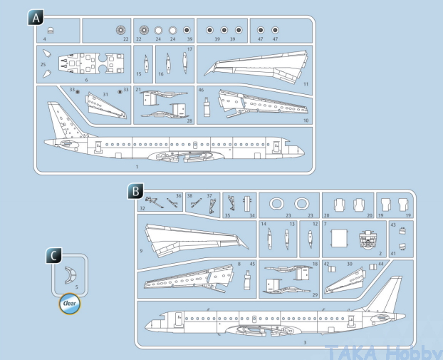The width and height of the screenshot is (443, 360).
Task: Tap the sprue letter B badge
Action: [135, 191]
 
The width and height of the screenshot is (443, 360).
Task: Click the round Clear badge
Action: [69, 303]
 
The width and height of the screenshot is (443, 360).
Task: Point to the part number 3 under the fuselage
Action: [305, 343]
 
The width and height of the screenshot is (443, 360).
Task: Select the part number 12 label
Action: [314, 225]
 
